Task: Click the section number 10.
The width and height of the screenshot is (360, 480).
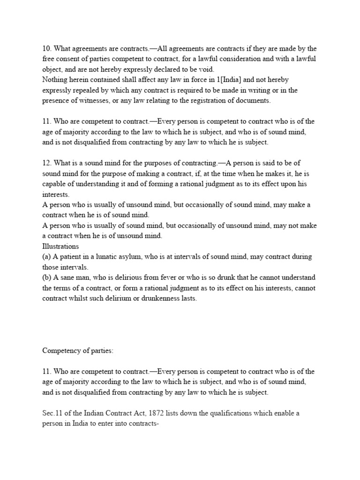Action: click(46, 48)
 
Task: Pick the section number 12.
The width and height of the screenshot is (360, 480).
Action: click(46, 163)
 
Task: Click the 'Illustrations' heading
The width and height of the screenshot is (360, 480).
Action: click(60, 246)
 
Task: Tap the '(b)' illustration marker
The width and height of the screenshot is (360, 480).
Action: click(47, 277)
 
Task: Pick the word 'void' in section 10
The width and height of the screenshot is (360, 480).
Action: click(205, 69)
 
